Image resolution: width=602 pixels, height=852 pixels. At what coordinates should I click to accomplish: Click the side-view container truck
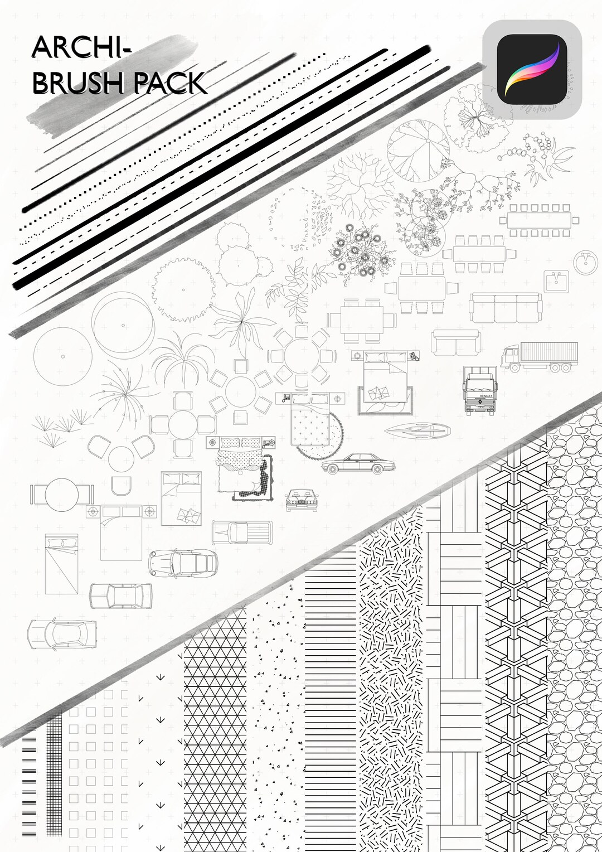(540, 357)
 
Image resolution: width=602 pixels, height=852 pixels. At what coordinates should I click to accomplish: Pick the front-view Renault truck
(479, 390)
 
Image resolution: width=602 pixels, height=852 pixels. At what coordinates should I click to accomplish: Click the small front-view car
(301, 500)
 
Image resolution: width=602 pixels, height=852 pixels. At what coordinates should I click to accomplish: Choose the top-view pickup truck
(242, 532)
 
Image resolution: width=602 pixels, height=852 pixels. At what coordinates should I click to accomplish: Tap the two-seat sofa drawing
(455, 342)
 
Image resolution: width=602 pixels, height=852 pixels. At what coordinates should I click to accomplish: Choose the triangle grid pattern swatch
(215, 736)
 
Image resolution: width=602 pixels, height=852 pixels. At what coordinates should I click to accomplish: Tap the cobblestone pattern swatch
(574, 641)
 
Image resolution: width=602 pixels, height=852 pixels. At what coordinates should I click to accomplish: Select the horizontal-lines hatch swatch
(330, 697)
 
